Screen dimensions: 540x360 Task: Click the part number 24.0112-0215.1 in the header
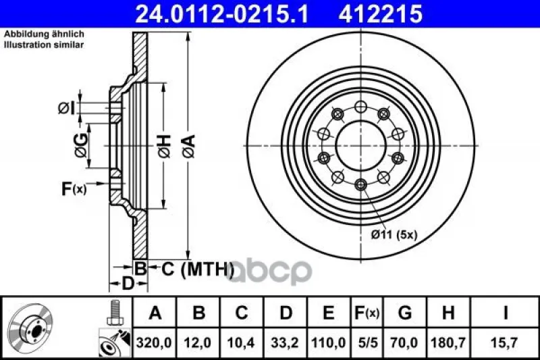[x=222, y=14]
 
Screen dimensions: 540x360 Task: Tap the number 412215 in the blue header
[x=381, y=14]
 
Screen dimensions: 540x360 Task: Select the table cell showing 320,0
[x=154, y=342]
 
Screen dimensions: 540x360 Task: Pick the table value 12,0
[x=198, y=342]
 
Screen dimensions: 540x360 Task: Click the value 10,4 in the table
[x=241, y=342]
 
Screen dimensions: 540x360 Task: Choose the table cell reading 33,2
[x=284, y=342]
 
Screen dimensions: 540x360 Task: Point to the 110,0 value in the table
[x=328, y=342]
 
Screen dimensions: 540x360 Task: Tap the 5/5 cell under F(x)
[x=368, y=342]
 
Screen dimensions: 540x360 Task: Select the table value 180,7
[x=448, y=342]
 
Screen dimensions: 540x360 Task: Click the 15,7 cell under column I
[x=505, y=342]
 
